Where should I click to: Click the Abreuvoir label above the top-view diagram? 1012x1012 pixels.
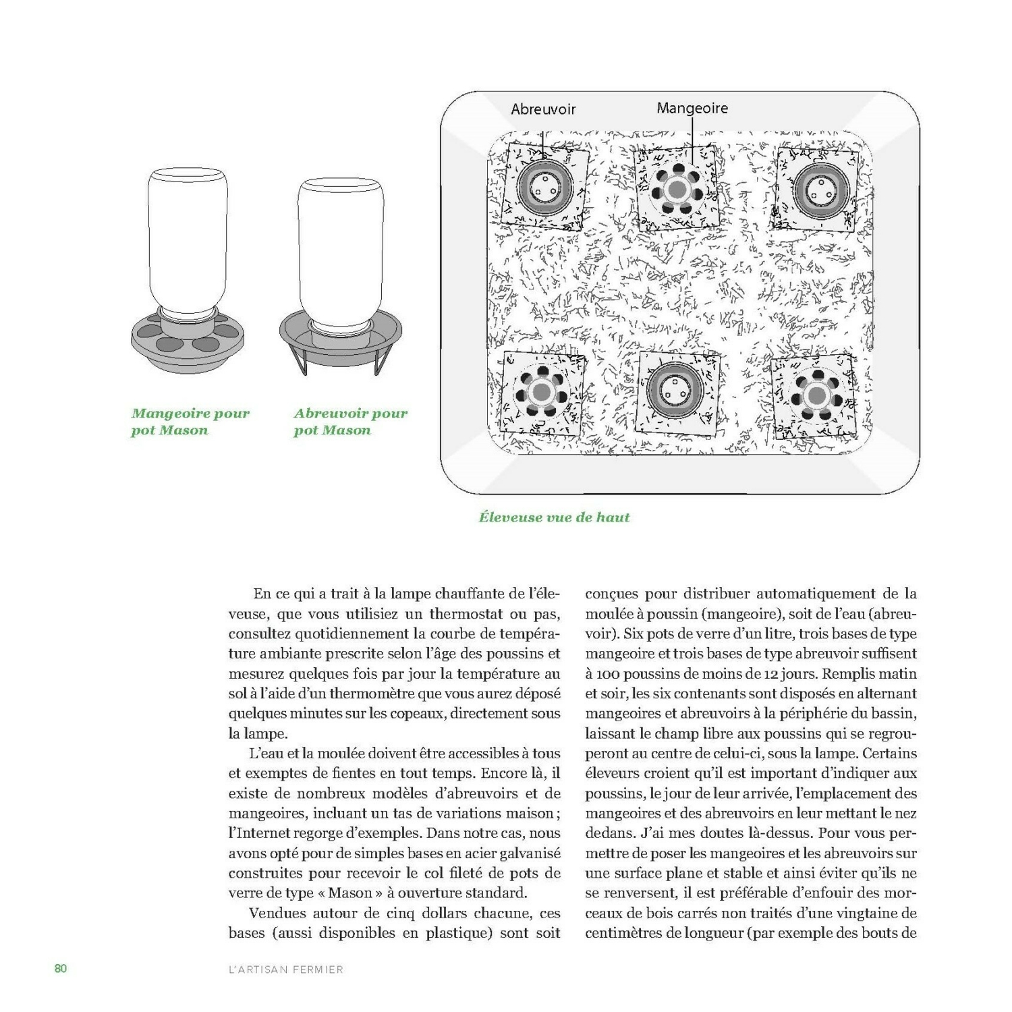pyautogui.click(x=543, y=109)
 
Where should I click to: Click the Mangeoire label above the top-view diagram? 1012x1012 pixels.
pyautogui.click(x=692, y=108)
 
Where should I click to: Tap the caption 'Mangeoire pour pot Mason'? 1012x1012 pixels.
pyautogui.click(x=190, y=422)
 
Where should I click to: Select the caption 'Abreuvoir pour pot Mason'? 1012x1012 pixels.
pyautogui.click(x=350, y=422)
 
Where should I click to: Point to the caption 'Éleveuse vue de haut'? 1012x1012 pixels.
pyautogui.click(x=554, y=517)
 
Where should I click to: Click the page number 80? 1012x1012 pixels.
pyautogui.click(x=61, y=969)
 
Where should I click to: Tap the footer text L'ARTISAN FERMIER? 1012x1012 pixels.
pyautogui.click(x=286, y=969)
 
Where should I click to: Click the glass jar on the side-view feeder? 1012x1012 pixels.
pyautogui.click(x=188, y=240)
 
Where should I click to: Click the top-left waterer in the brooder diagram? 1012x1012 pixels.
pyautogui.click(x=545, y=186)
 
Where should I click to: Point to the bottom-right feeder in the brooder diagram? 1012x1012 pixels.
pyautogui.click(x=816, y=394)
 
